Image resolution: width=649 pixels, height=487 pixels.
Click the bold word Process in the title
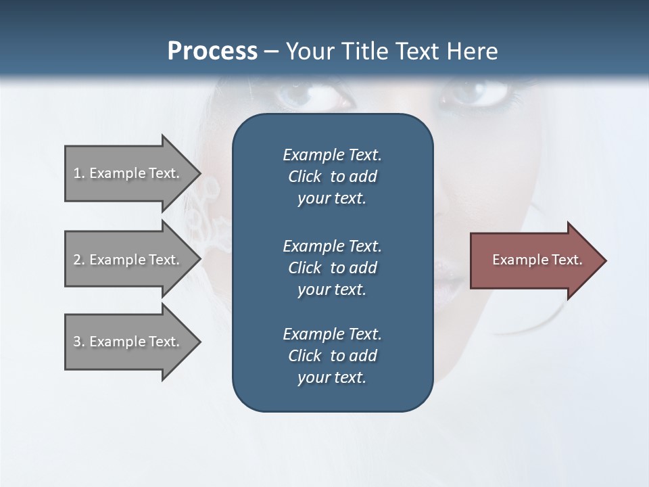[212, 51]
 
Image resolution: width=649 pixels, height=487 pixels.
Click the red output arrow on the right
[534, 260]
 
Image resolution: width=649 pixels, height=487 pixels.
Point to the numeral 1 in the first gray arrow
[77, 173]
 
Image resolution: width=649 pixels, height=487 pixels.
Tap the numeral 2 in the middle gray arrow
[77, 260]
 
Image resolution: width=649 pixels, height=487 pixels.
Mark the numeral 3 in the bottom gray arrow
[77, 342]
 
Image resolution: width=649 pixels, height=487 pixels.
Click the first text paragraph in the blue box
[332, 177]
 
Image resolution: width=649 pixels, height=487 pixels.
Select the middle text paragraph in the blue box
[332, 268]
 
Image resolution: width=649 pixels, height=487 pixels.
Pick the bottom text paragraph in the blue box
[332, 356]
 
